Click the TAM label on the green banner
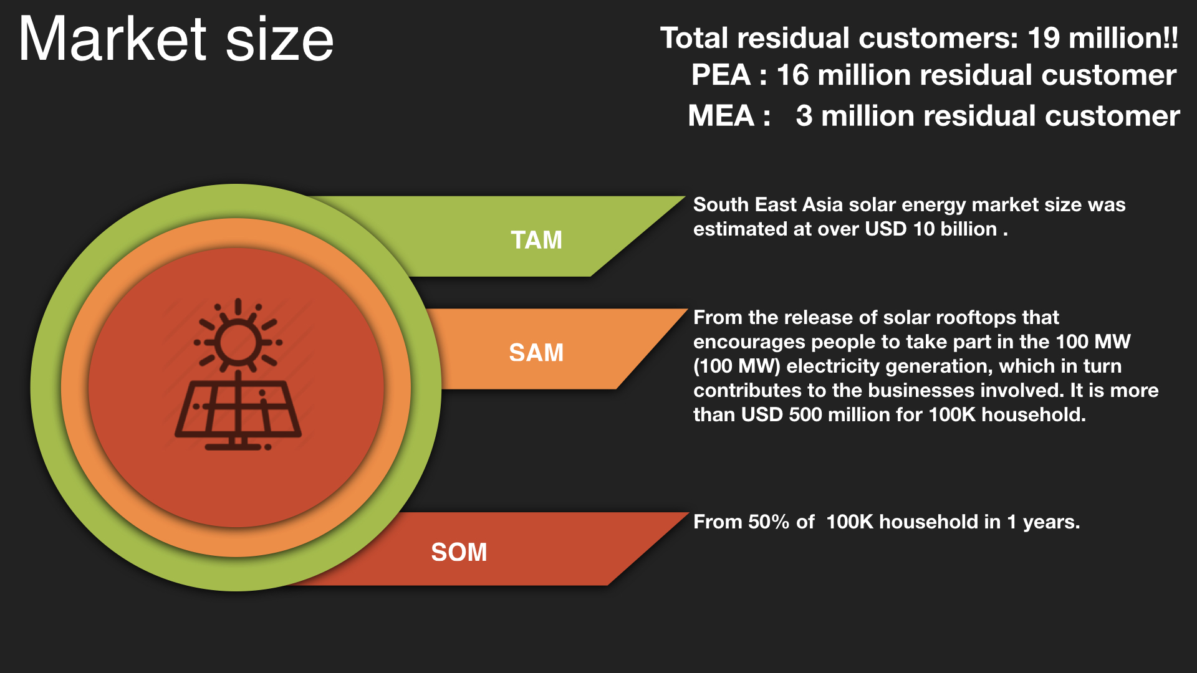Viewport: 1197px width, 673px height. [536, 240]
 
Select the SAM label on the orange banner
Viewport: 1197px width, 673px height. [536, 353]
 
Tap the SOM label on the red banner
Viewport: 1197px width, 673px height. [459, 552]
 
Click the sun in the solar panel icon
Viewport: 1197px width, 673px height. [238, 341]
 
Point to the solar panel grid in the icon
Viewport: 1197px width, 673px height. [238, 408]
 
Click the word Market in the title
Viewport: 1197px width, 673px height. [112, 39]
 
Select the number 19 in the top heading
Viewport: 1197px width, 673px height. [1043, 38]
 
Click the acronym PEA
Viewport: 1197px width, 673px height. [721, 75]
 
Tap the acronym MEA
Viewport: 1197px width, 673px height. [721, 116]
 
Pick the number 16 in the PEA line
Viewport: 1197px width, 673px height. [792, 75]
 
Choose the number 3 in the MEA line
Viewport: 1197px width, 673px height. [804, 116]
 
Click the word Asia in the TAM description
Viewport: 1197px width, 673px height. [822, 204]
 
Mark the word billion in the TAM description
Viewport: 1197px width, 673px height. [969, 229]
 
